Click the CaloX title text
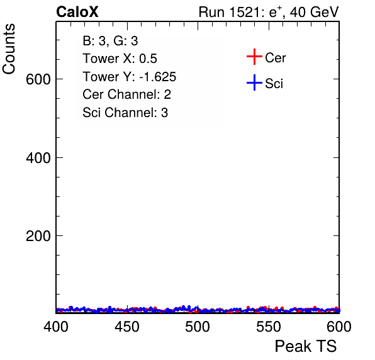[x=77, y=12]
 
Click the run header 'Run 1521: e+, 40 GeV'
[x=269, y=12]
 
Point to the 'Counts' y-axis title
[x=9, y=49]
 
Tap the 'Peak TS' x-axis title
[x=306, y=346]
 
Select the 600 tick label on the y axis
[x=38, y=79]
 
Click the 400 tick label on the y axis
[x=38, y=157]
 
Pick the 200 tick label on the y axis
[x=38, y=236]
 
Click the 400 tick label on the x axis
[x=56, y=327]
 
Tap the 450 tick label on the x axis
[x=126, y=327]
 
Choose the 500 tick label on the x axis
[x=198, y=327]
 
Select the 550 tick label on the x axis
[x=268, y=327]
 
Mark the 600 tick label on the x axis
[x=339, y=327]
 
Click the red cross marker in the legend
[x=254, y=57]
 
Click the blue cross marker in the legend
[x=254, y=82]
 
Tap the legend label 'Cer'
[x=275, y=58]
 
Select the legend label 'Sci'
[x=274, y=84]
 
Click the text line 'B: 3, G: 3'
[x=110, y=41]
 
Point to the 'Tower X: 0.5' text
[x=120, y=59]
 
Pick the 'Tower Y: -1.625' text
[x=130, y=77]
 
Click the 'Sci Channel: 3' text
[x=125, y=113]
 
